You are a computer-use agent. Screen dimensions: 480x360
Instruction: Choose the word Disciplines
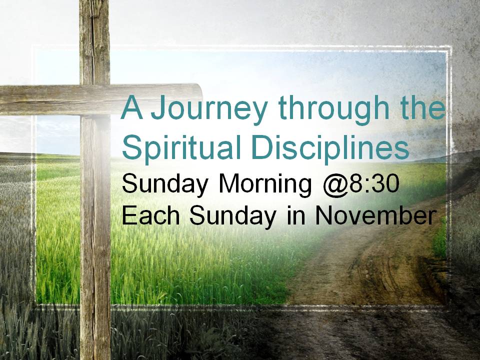pos(330,147)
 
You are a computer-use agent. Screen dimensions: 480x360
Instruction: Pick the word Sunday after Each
pos(232,216)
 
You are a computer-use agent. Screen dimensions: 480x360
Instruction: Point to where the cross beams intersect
pos(95,100)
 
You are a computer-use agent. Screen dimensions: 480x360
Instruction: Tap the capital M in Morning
pos(230,183)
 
